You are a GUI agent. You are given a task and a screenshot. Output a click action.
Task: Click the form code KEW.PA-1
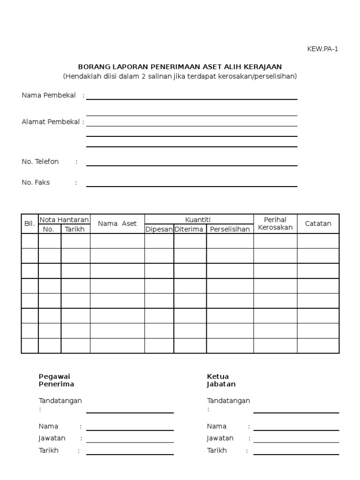pos(322,49)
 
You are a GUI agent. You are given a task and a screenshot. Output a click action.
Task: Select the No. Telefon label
pos(40,162)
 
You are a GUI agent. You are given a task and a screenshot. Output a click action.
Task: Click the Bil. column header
pos(30,224)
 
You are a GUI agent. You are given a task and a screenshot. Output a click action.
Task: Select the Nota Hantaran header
pos(64,219)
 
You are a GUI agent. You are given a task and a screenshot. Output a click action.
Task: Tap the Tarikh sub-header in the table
pos(75,229)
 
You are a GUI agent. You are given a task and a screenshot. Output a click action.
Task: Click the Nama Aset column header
pos(117,224)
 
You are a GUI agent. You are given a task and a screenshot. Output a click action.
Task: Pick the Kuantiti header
pos(199,219)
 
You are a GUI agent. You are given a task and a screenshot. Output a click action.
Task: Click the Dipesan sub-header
pos(159,229)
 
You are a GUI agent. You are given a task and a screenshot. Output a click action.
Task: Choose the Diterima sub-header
pos(189,229)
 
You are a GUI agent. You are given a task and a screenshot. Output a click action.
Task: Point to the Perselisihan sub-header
pos(230,229)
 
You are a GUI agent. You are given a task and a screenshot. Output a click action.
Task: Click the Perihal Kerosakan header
pos(275,224)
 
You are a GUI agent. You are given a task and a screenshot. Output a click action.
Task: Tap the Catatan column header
pos(318,224)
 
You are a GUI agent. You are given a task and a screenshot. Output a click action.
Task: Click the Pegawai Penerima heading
pos(56,380)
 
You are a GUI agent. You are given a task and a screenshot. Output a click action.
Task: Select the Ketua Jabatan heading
pos(221,380)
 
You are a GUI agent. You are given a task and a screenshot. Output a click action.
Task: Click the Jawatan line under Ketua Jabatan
pos(296,442)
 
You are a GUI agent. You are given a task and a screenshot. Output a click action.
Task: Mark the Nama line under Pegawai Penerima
pos(130,429)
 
